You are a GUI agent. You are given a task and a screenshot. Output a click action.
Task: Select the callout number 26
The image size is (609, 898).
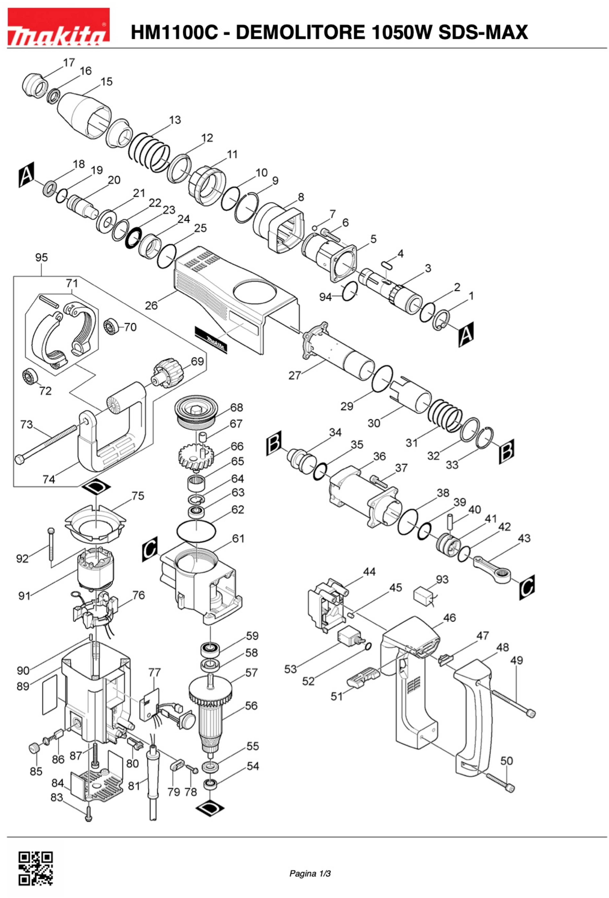click(x=151, y=305)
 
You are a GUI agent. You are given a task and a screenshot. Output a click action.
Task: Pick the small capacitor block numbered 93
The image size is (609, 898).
click(x=424, y=597)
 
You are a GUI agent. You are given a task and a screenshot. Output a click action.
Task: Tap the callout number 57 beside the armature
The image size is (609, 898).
click(x=251, y=673)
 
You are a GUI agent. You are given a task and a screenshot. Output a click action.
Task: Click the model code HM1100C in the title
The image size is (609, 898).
click(x=174, y=33)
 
